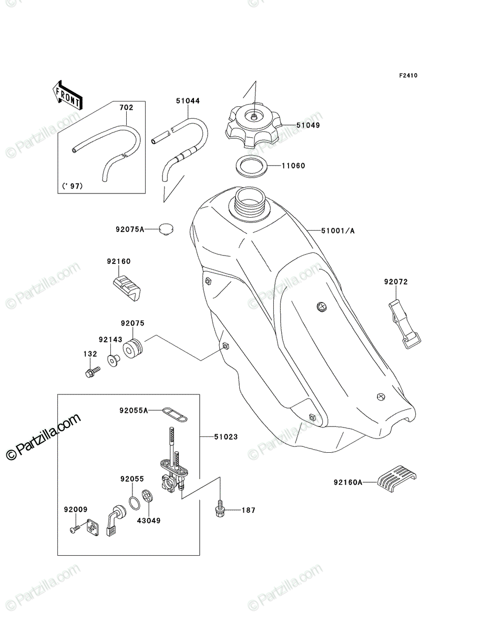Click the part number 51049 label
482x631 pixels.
(x=308, y=125)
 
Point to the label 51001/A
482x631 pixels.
(x=338, y=231)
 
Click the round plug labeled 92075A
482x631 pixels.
(x=166, y=229)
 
